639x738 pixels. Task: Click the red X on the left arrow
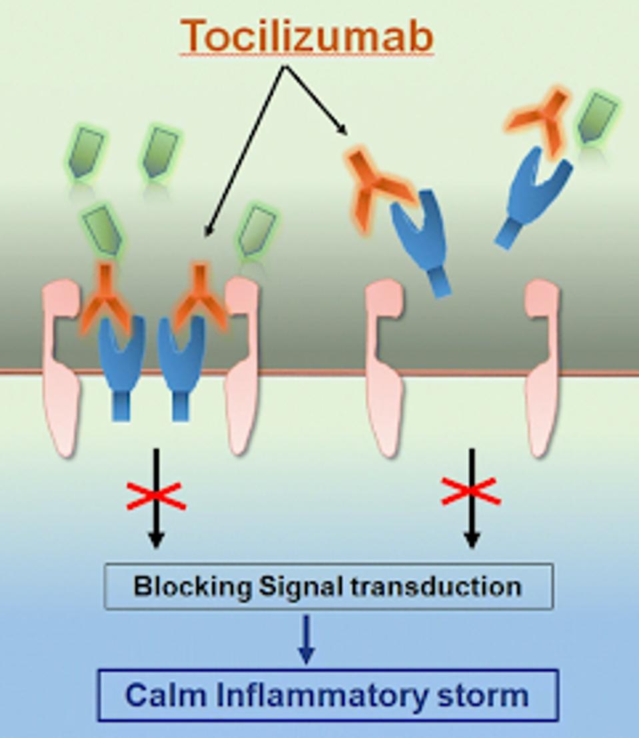(156, 495)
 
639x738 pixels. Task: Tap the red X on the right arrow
(471, 491)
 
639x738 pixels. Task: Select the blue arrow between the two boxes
(306, 640)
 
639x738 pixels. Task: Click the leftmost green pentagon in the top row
(85, 153)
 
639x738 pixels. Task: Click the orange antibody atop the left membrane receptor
(105, 300)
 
